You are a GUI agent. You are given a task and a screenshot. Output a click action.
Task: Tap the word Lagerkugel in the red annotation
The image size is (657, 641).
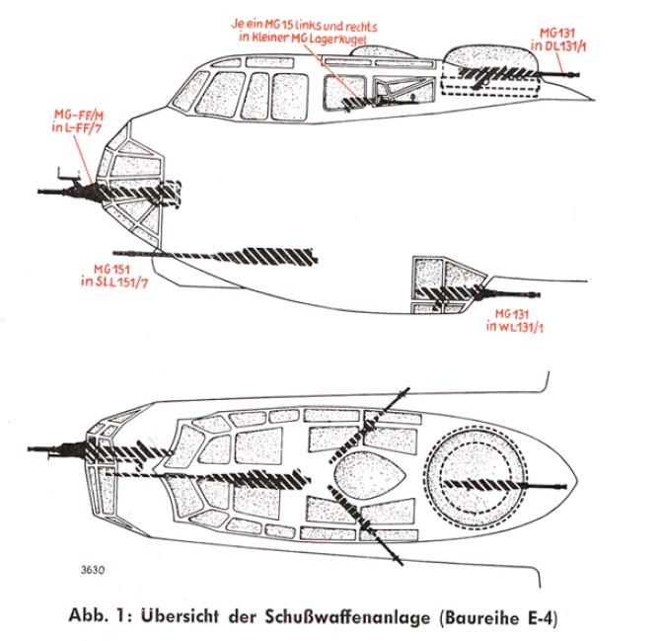[x=334, y=38]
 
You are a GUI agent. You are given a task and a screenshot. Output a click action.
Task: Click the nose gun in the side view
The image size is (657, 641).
[x=69, y=187]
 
